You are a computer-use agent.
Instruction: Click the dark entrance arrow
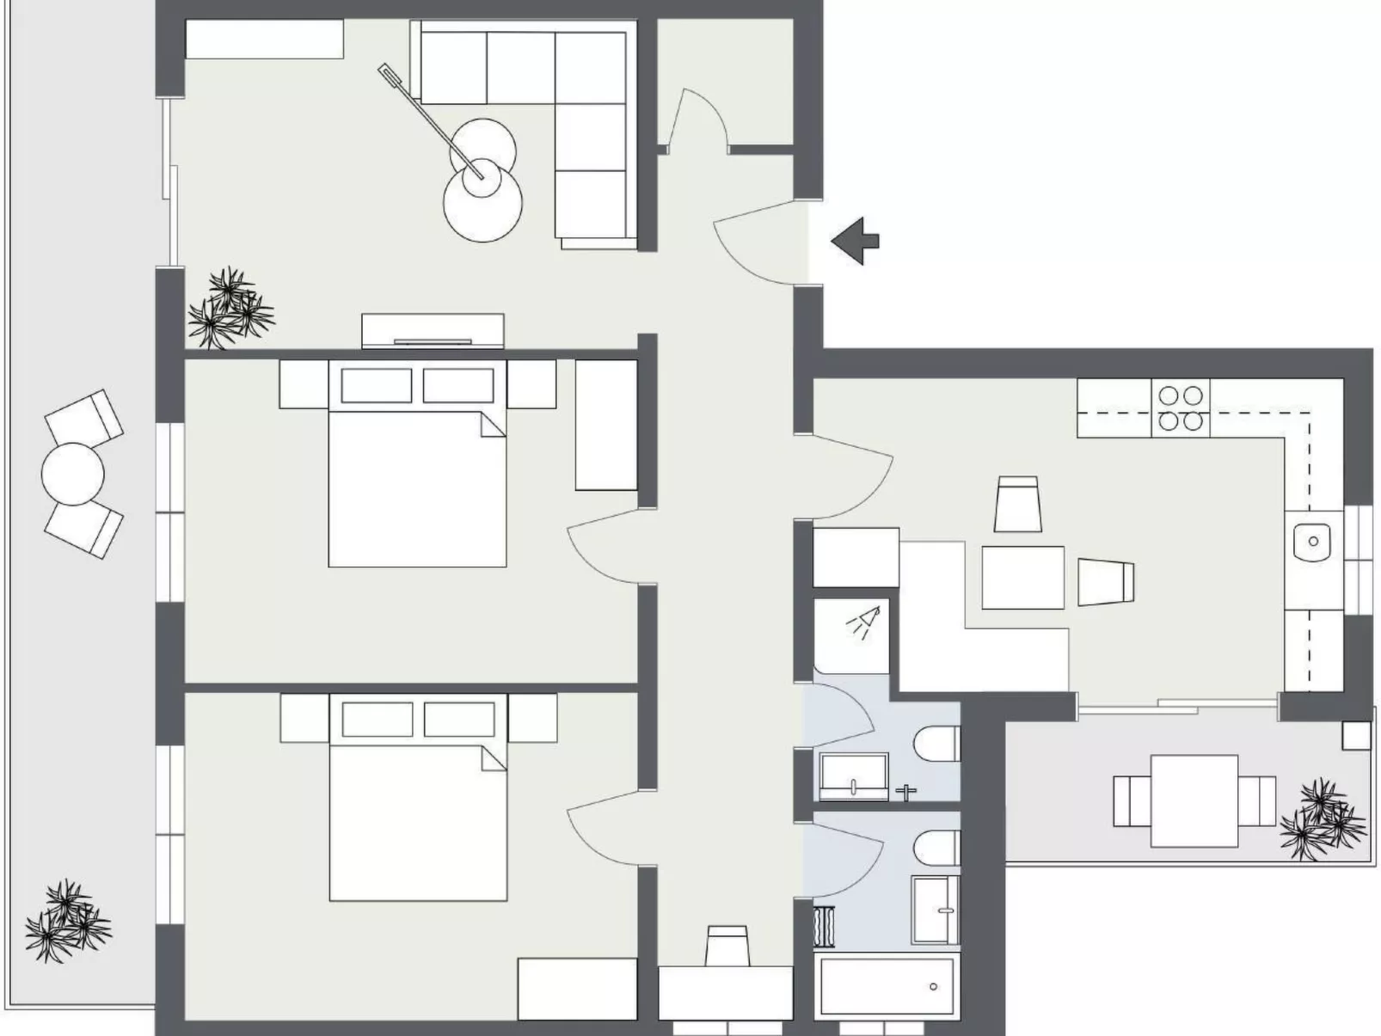point(856,241)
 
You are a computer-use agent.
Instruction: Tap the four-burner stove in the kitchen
point(1180,408)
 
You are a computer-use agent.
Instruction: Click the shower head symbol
point(864,622)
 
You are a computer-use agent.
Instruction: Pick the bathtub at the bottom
point(887,986)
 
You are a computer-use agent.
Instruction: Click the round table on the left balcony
point(73,474)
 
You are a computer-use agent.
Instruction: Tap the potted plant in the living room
point(229,309)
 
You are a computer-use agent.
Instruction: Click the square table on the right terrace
point(1194,800)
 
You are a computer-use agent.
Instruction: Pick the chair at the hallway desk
point(727,946)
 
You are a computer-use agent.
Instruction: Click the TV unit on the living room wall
point(433,331)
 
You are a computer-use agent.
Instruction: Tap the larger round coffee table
point(482,202)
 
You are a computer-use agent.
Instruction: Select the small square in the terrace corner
point(1356,735)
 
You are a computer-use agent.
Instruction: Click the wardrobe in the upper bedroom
point(605,426)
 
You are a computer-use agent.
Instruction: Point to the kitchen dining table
point(1023,577)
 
